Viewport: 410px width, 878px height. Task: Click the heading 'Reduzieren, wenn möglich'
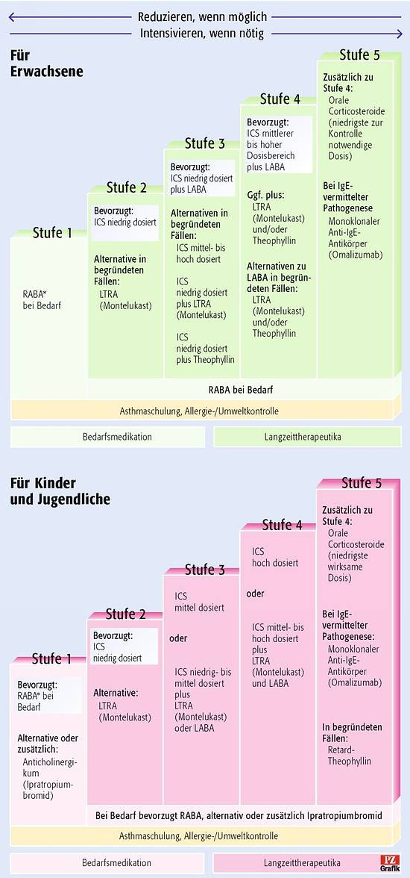(203, 16)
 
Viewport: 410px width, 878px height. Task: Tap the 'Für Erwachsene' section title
(46, 63)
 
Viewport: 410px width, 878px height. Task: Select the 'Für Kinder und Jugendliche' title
(60, 491)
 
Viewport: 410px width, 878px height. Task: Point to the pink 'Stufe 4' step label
(282, 526)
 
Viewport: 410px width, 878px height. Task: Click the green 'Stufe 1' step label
(52, 232)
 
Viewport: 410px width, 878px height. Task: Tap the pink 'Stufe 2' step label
(126, 614)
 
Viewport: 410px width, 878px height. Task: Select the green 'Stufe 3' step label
(205, 144)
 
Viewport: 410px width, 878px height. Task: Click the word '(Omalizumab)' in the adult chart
(356, 254)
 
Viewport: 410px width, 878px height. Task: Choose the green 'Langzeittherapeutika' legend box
(307, 437)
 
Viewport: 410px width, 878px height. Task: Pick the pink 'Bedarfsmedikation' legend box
(109, 863)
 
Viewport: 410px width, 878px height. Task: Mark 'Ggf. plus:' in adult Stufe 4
(265, 195)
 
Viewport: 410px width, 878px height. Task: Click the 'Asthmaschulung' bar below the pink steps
(198, 836)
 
